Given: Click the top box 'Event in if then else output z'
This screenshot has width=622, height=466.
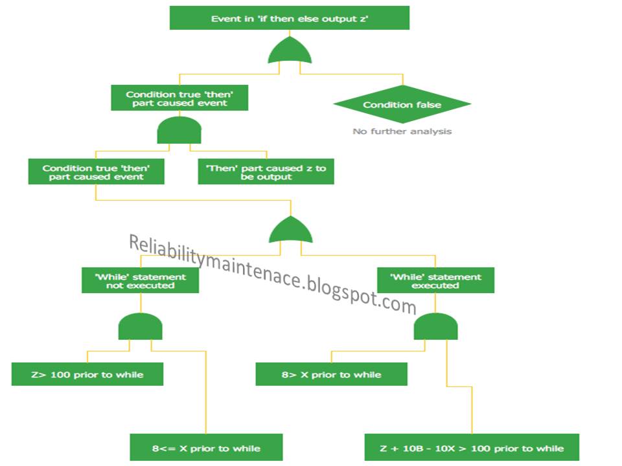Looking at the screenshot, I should [x=290, y=18].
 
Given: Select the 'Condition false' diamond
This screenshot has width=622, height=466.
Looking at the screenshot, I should [x=402, y=104].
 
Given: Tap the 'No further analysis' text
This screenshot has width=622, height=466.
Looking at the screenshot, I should [x=402, y=131].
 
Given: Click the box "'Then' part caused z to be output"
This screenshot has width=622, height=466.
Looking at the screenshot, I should [x=266, y=172].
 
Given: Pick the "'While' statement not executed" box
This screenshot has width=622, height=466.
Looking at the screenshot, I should [x=140, y=281].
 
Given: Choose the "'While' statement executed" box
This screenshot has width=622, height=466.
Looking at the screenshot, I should [x=435, y=281].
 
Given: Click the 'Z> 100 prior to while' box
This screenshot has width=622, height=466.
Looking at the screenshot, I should [x=87, y=374].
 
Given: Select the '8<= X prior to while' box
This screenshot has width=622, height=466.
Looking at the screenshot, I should [x=206, y=448].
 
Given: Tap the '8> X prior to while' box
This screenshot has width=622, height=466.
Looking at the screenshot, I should [x=331, y=374].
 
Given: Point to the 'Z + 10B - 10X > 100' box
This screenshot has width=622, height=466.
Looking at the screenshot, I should [x=471, y=448].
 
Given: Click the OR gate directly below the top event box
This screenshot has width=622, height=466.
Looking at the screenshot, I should [x=290, y=51].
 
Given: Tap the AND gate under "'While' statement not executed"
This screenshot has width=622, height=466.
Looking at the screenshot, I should [x=140, y=326].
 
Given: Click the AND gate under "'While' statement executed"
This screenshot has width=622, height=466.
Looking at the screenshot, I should [x=436, y=326].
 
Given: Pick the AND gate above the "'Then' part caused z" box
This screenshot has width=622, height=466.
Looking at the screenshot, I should [x=179, y=131].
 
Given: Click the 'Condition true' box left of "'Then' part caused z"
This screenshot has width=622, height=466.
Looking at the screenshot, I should [x=95, y=172].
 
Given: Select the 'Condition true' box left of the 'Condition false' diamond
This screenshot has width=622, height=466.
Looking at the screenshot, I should [x=179, y=98].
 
